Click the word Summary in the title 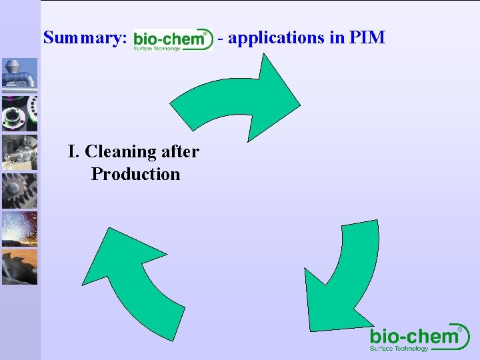[x=84, y=38]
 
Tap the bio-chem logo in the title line [x=173, y=40]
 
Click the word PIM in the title [x=367, y=37]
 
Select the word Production [x=135, y=174]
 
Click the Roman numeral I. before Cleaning [x=74, y=152]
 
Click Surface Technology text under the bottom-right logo [x=399, y=349]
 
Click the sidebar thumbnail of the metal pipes [x=19, y=74]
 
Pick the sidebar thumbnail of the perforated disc [x=19, y=113]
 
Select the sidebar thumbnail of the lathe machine [x=19, y=152]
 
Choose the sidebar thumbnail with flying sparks [x=19, y=229]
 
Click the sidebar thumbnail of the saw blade [x=19, y=267]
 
